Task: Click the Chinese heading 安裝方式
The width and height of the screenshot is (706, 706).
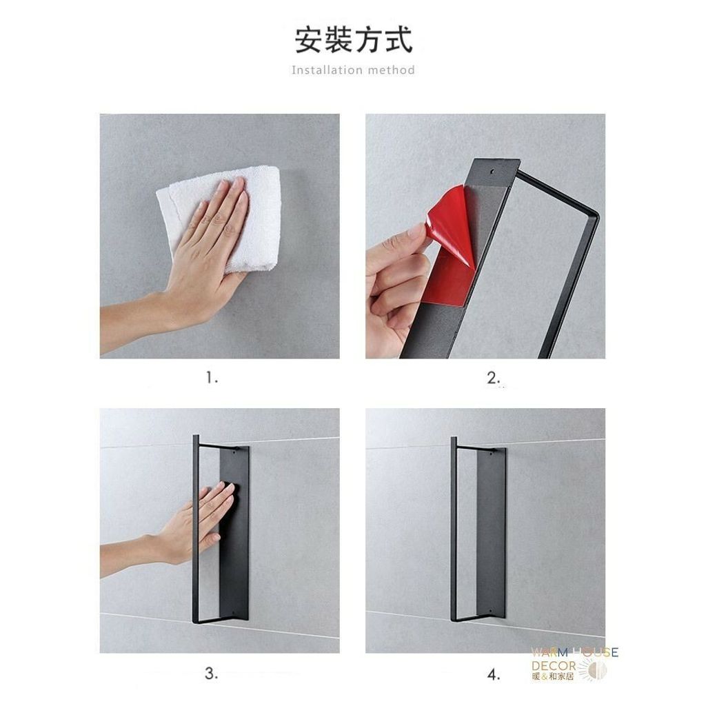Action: point(354,41)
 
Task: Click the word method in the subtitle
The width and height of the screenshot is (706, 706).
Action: point(392,70)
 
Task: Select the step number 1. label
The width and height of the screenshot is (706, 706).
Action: point(212,379)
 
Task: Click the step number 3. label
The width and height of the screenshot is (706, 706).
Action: point(212,674)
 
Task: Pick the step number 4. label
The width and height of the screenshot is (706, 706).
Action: point(494,674)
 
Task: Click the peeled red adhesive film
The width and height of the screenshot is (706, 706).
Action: point(450,243)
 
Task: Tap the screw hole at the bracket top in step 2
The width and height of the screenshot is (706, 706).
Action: point(492,171)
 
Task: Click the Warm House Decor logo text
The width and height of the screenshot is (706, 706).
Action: point(574,658)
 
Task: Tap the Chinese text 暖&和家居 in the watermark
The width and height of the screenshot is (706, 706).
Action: point(552,676)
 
